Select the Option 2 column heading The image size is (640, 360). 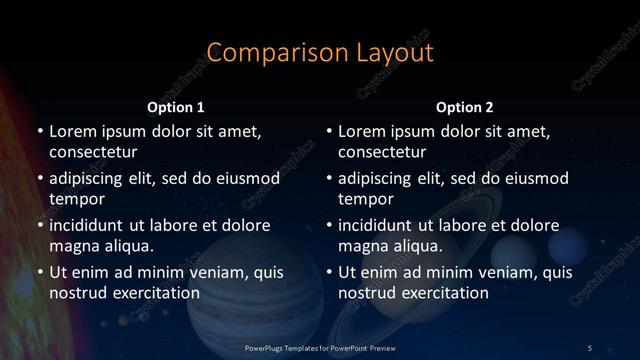click(x=465, y=107)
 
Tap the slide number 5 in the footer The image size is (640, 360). click(x=590, y=347)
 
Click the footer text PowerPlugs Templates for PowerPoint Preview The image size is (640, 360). click(x=320, y=347)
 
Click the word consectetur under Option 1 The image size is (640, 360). click(x=93, y=152)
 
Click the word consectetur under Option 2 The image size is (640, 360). click(x=383, y=152)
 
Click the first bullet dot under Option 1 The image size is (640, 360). click(x=39, y=132)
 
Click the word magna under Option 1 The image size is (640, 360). click(x=74, y=245)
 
